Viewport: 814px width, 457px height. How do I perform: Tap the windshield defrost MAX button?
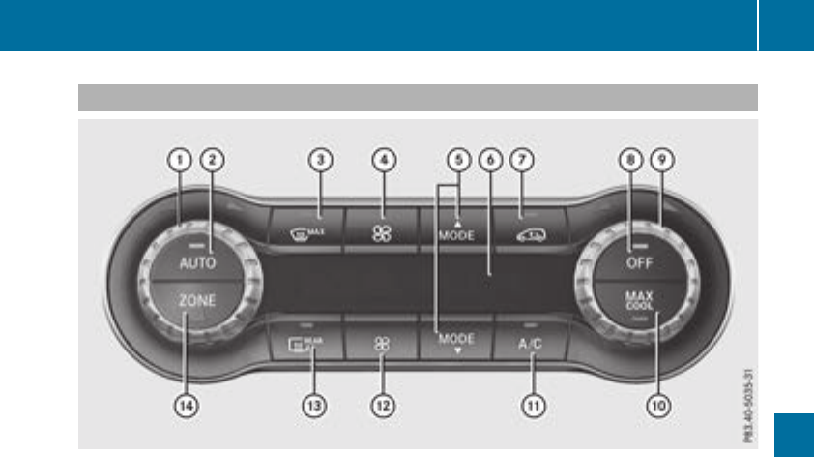click(308, 230)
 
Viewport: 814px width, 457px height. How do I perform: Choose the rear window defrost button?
click(307, 341)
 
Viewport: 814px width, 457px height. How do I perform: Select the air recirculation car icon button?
click(530, 229)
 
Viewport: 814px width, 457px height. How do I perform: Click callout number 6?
click(492, 160)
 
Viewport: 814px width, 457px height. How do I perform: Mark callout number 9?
click(661, 160)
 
